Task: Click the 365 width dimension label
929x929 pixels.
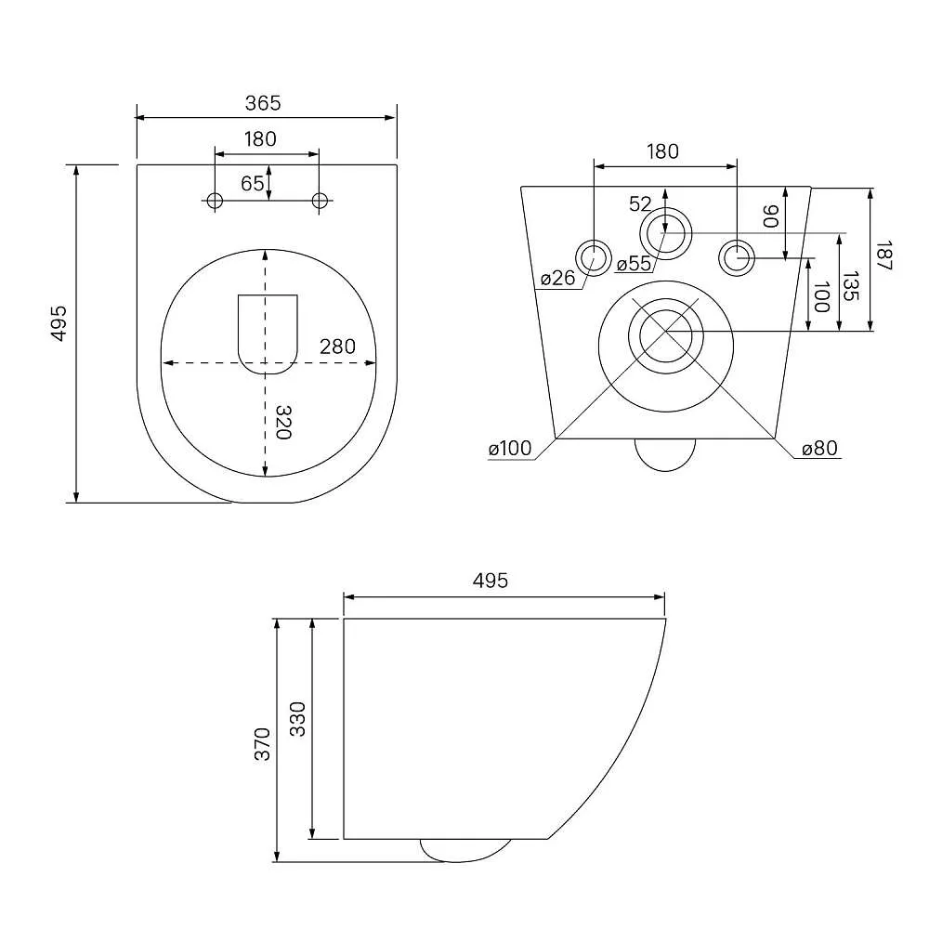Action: tap(264, 103)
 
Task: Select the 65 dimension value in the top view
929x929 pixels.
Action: tap(253, 183)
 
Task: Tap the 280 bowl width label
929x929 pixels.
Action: tap(337, 347)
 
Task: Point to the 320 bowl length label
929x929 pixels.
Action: tap(284, 423)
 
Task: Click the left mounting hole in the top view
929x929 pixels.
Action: tap(215, 201)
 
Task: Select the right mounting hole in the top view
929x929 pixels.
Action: tap(321, 201)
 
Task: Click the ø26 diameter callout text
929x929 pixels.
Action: tap(558, 277)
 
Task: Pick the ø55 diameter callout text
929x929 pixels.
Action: tap(634, 264)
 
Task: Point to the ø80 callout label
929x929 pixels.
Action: tap(820, 449)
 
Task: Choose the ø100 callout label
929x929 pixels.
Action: tap(510, 449)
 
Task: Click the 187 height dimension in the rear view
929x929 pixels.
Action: tap(883, 255)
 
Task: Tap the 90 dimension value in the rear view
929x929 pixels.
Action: tap(770, 219)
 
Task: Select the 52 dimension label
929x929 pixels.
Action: tap(641, 203)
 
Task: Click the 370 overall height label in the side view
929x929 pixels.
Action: tap(262, 744)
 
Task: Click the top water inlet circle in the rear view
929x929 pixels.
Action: tap(664, 231)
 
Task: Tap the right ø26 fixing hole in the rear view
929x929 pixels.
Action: tap(738, 256)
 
